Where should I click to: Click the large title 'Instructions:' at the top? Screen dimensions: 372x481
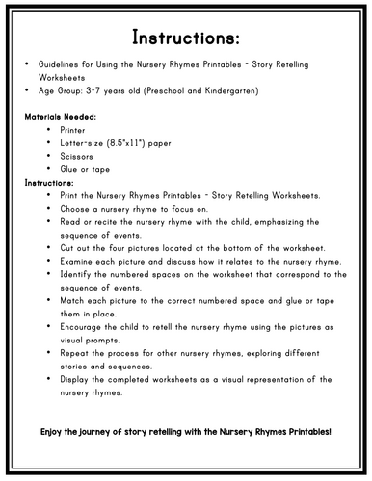[x=186, y=39]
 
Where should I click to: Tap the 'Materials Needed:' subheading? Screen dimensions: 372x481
[x=61, y=114]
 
